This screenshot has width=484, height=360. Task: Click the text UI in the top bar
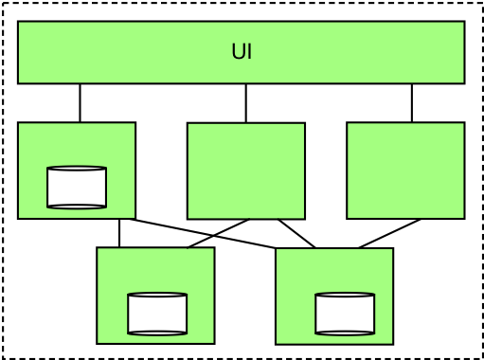(x=242, y=52)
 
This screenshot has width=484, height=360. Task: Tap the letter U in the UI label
(x=238, y=52)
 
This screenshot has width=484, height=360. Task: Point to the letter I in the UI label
(x=249, y=52)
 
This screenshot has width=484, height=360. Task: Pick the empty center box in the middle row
(x=246, y=171)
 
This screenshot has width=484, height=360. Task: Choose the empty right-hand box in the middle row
(x=405, y=171)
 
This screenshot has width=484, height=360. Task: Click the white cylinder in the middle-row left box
(x=77, y=188)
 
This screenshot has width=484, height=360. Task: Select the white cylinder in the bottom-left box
(x=157, y=315)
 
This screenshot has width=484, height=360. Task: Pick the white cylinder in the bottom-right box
(x=345, y=315)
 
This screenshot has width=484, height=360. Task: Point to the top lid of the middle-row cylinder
(x=77, y=170)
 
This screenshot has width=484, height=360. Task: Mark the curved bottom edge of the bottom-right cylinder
(x=345, y=333)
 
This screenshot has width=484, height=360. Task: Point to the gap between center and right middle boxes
(x=326, y=171)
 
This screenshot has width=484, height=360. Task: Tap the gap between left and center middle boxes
(x=161, y=171)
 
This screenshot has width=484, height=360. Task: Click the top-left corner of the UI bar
(x=21, y=24)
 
